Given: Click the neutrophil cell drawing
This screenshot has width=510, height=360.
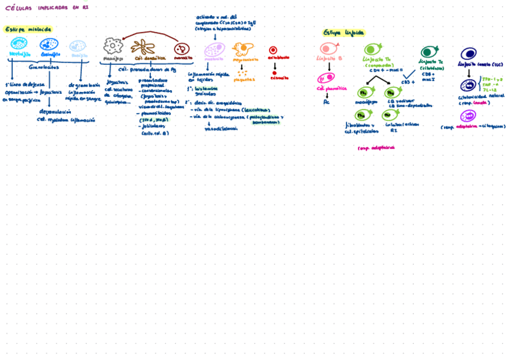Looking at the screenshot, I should pyautogui.click(x=19, y=43).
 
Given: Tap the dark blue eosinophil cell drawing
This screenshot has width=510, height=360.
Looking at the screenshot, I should pyautogui.click(x=49, y=44).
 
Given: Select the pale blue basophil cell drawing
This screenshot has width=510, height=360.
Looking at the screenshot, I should pyautogui.click(x=78, y=46).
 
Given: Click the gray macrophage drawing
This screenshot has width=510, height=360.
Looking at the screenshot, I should pyautogui.click(x=112, y=46).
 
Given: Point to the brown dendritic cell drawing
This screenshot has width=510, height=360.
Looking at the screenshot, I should pyautogui.click(x=143, y=47).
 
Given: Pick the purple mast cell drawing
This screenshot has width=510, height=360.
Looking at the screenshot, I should pyautogui.click(x=214, y=50).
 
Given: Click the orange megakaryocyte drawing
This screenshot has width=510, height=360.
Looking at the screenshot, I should pyautogui.click(x=242, y=49).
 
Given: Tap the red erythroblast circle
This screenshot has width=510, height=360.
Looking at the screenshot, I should pyautogui.click(x=273, y=50).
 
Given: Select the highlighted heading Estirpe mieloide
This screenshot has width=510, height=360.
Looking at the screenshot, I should pyautogui.click(x=28, y=29).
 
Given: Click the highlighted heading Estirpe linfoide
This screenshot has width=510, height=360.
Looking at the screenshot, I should pyautogui.click(x=343, y=32).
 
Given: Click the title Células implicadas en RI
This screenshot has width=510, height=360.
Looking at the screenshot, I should pyautogui.click(x=46, y=8).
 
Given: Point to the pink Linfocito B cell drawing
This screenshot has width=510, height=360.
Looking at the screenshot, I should pyautogui.click(x=329, y=49).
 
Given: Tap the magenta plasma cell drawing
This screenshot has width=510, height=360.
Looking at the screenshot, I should pyautogui.click(x=326, y=78).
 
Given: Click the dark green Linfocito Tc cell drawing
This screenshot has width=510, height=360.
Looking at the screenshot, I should pyautogui.click(x=429, y=52).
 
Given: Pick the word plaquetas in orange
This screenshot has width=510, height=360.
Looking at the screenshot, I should pyautogui.click(x=244, y=79).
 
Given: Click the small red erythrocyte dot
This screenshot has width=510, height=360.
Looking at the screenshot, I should pyautogui.click(x=274, y=73).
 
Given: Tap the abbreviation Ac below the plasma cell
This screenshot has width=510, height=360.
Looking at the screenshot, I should pyautogui.click(x=327, y=102).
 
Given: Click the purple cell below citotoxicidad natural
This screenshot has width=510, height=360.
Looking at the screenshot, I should pyautogui.click(x=468, y=115).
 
